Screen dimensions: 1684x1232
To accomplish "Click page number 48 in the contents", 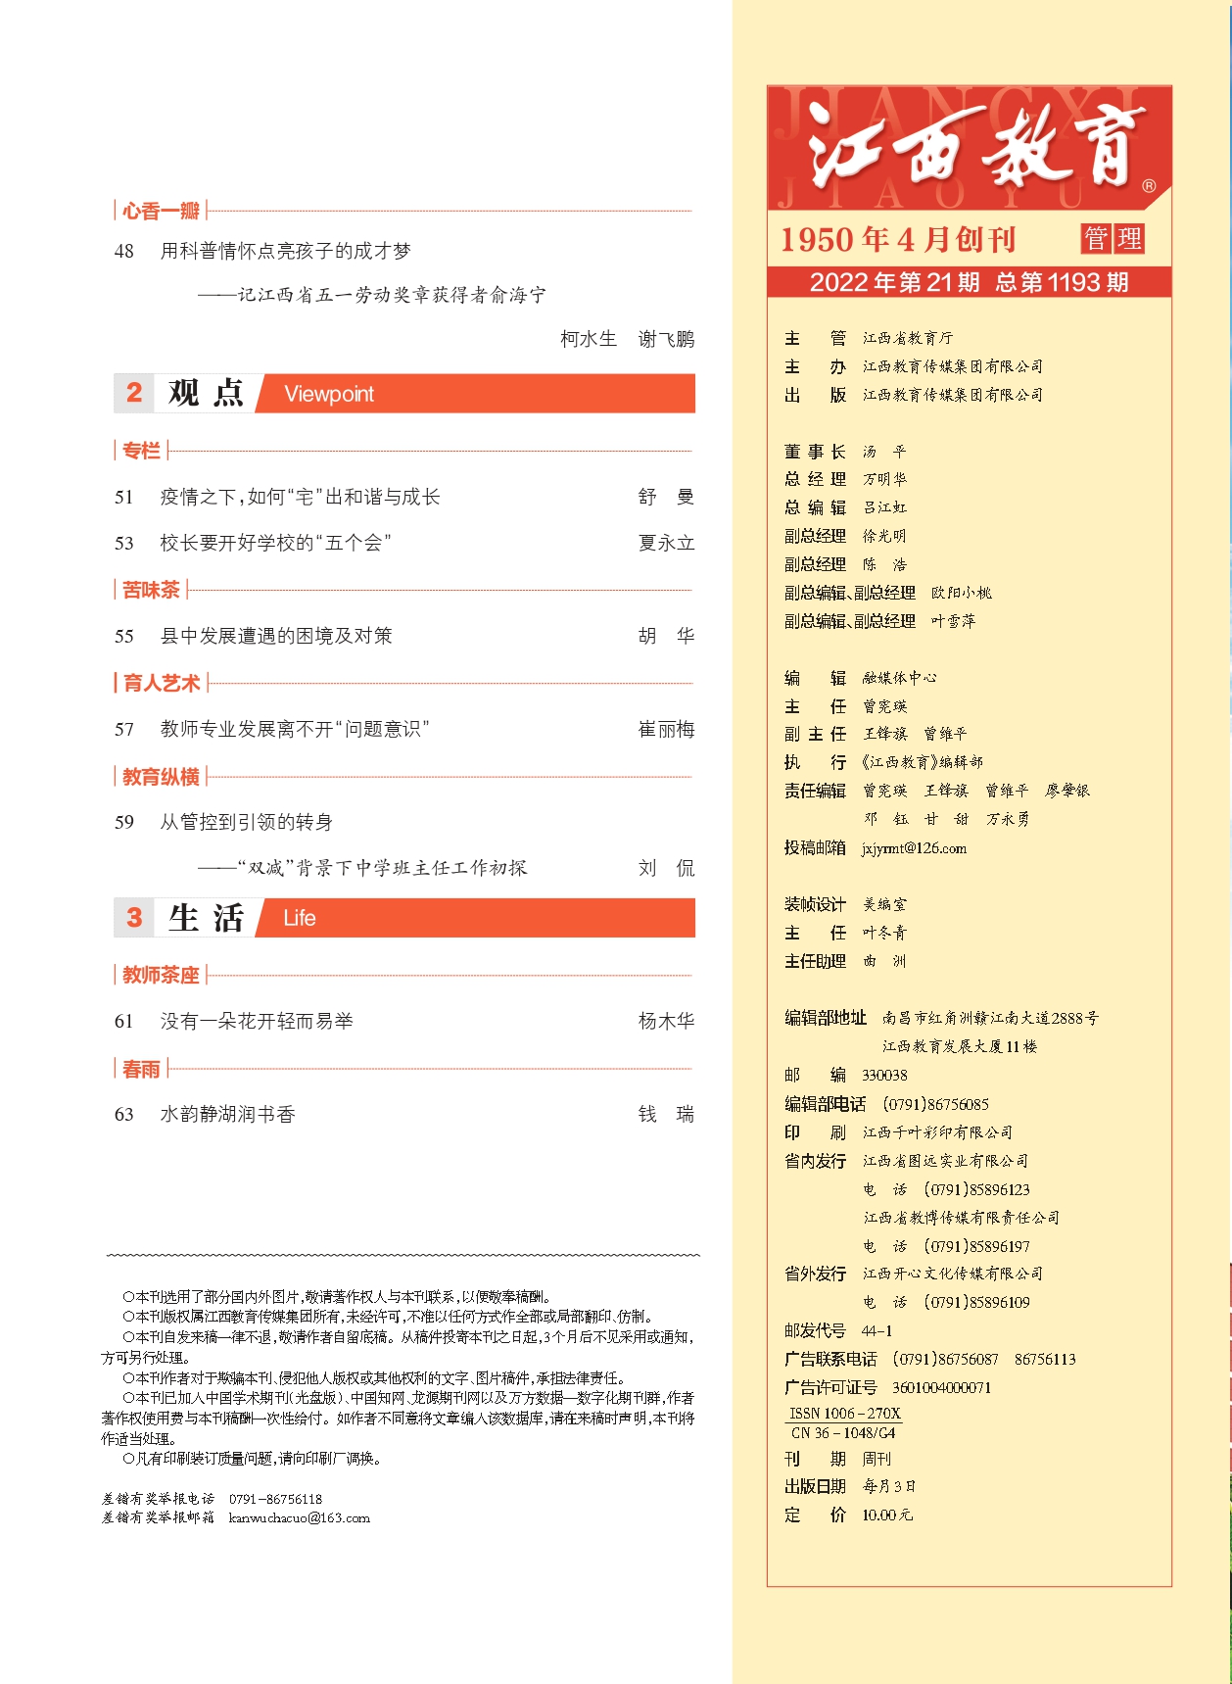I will point(124,252).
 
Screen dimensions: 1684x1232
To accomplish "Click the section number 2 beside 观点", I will point(134,394).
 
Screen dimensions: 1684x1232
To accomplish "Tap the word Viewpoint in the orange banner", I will point(329,394).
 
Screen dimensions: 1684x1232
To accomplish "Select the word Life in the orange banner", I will point(300,918).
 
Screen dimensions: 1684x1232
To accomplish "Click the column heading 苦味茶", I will point(151,590).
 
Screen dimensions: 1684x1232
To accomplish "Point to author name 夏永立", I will point(666,543).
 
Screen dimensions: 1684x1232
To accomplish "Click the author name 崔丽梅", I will point(666,730).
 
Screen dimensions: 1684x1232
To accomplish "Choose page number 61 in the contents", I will point(124,1022).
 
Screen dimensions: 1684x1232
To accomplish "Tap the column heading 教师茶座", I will point(161,975).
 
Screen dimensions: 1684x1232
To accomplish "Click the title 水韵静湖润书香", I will point(228,1115).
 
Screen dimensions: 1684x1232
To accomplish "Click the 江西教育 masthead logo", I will point(970,147).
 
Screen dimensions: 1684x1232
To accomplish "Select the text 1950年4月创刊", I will point(897,240).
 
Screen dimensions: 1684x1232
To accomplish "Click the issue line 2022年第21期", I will point(894,283).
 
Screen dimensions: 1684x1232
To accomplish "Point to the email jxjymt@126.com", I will point(914,848).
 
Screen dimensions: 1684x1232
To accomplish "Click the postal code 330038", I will point(884,1076).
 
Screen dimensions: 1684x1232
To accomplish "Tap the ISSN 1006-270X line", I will point(844,1414).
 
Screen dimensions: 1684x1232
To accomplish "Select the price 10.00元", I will point(886,1516).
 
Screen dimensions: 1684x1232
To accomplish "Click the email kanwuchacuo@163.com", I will point(300,1518).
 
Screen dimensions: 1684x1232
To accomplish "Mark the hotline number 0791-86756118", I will point(275,1500).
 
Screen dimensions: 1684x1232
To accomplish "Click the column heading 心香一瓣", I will point(161,211).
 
